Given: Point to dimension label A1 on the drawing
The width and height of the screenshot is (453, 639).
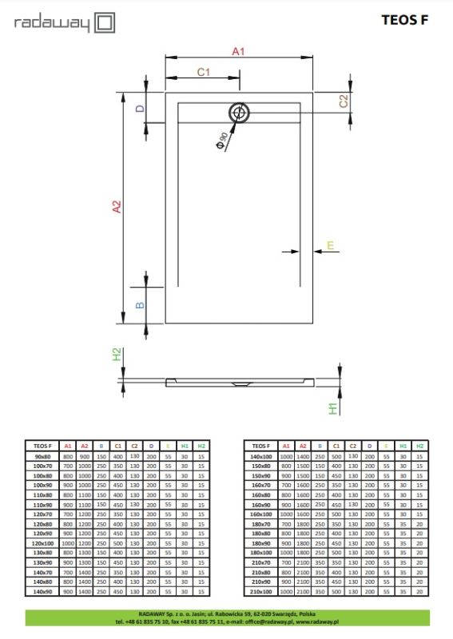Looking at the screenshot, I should pyautogui.click(x=237, y=51).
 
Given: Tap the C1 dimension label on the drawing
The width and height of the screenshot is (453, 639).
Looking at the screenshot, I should pyautogui.click(x=203, y=73).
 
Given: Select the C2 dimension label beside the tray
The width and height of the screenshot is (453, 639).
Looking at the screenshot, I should pyautogui.click(x=343, y=101).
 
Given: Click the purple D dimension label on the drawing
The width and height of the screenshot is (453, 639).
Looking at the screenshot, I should pyautogui.click(x=139, y=108).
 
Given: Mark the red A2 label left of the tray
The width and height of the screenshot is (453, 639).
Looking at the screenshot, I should pyautogui.click(x=116, y=206).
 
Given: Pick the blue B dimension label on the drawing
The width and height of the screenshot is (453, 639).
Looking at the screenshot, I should pyautogui.click(x=139, y=305).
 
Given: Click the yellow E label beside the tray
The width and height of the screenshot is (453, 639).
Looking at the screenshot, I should pyautogui.click(x=328, y=246).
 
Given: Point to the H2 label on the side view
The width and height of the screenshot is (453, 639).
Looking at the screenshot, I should pyautogui.click(x=116, y=355).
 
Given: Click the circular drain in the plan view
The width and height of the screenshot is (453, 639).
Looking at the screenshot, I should pyautogui.click(x=238, y=113).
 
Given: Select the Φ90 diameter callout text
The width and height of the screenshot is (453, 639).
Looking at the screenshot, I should pyautogui.click(x=221, y=140).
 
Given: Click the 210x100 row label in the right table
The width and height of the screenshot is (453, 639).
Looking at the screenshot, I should pyautogui.click(x=260, y=591).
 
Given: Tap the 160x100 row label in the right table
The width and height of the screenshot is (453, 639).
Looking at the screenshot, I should pyautogui.click(x=260, y=514).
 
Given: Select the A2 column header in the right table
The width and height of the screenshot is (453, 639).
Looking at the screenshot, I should pyautogui.click(x=303, y=445).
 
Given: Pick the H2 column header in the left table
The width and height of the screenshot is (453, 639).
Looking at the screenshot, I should pyautogui.click(x=201, y=445).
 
